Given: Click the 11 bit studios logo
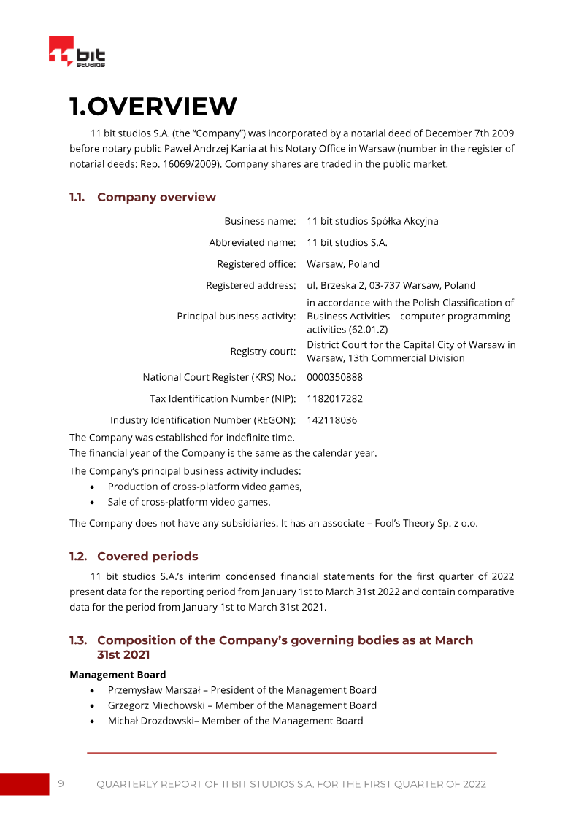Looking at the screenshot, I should coord(77,53).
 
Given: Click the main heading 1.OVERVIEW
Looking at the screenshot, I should coord(153,106).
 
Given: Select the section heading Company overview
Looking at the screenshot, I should coord(156,197).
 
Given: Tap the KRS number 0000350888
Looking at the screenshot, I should coord(334,377).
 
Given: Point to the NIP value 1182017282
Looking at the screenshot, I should coord(334,399).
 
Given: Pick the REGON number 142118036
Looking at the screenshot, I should coord(331,420).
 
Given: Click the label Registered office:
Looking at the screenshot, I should coord(256,264).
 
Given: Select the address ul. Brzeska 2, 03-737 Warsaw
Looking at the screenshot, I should coord(391,285).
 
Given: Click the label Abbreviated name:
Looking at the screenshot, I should coord(253,242).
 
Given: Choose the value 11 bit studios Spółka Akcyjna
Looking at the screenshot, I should coord(372,221).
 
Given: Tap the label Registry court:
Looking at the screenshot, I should coord(263,352).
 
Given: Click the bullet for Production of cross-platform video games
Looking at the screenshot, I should coord(91,487).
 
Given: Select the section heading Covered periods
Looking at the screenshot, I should coord(147,557).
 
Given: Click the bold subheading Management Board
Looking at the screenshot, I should coord(118,675).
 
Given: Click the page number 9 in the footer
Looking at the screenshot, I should coord(61,783).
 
